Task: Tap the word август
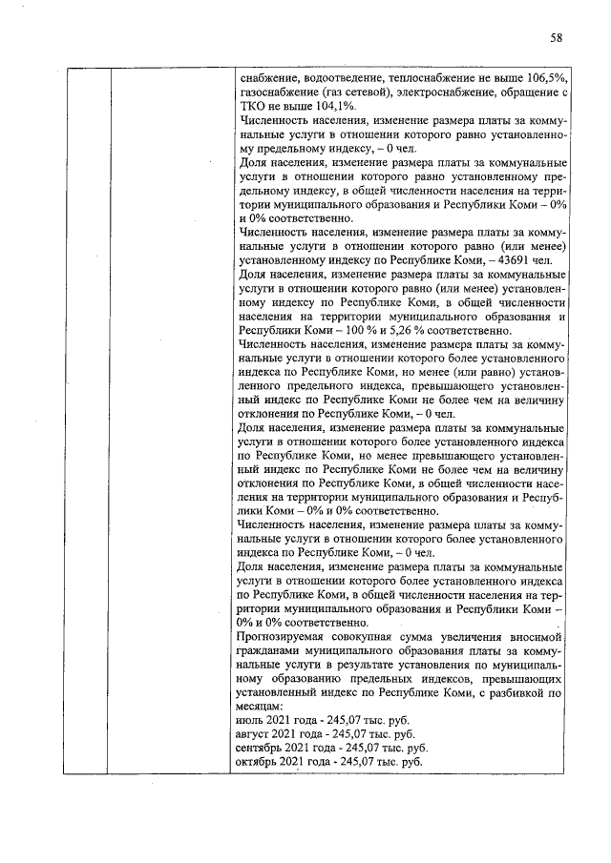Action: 256,735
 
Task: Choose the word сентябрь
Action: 263,750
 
